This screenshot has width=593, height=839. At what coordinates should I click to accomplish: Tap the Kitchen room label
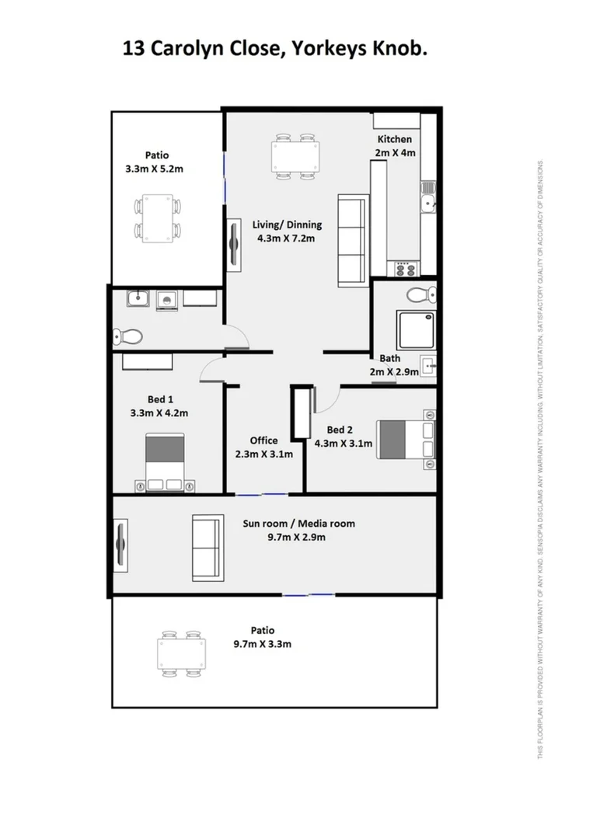(x=394, y=140)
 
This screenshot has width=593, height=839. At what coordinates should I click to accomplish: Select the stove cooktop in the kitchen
(x=406, y=269)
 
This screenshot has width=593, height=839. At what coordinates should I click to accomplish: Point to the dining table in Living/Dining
(x=296, y=158)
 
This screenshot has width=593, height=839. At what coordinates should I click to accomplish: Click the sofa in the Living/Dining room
(x=351, y=241)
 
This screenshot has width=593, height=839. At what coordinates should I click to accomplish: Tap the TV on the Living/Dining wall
(x=233, y=245)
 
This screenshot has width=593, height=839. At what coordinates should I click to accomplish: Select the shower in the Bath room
(x=416, y=331)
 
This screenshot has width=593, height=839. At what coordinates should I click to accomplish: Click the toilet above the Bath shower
(x=422, y=294)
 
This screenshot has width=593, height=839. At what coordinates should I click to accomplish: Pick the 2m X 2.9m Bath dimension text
(x=394, y=372)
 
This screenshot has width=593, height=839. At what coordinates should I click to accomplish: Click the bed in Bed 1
(x=165, y=463)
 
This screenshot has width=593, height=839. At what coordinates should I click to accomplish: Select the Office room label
(x=263, y=440)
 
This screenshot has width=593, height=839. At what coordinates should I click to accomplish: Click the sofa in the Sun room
(x=207, y=547)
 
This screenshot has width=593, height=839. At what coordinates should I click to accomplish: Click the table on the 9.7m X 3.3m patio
(x=181, y=653)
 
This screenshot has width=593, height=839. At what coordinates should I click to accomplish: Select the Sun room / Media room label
(x=298, y=524)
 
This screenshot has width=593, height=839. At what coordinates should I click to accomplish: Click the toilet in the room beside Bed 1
(x=127, y=336)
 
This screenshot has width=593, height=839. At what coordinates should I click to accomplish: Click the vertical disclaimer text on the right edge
(x=540, y=458)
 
